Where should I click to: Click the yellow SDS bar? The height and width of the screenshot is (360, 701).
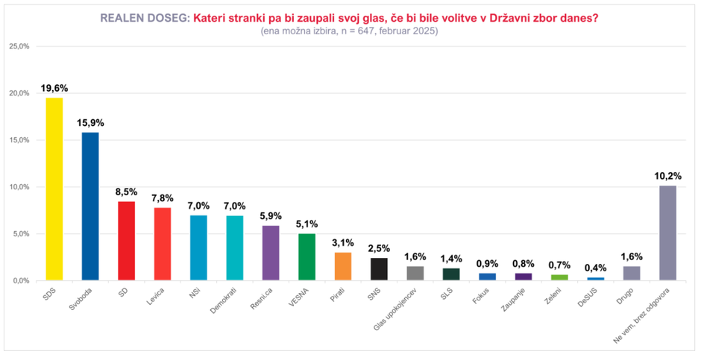coord(54,189)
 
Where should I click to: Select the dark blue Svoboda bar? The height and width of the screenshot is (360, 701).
coord(90,206)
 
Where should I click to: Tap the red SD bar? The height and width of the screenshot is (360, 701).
coord(127,241)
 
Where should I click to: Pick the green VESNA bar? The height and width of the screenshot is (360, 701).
coord(307,257)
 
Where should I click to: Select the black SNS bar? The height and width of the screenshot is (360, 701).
coord(379,269)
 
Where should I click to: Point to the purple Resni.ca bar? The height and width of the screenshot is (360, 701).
coord(271,253)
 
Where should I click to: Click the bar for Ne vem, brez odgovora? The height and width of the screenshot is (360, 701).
coord(667,233)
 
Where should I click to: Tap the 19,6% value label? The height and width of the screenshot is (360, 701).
coord(54,88)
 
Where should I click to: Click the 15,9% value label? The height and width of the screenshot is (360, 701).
coord(90,122)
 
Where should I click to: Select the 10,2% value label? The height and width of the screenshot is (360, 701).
coord(667,176)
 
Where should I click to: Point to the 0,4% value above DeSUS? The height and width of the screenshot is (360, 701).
coord(595,268)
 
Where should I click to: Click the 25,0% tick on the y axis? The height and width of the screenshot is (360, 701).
coord(19,46)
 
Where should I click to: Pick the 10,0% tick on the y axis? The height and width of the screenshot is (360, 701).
coord(19,187)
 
